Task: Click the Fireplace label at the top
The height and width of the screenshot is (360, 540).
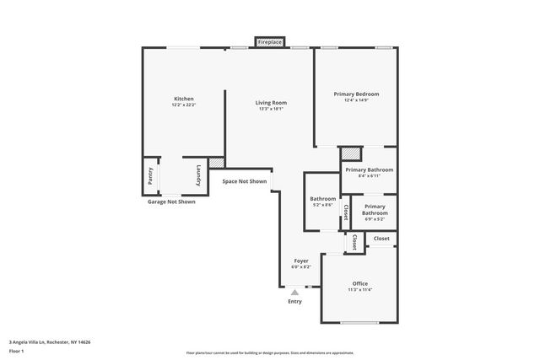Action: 270,41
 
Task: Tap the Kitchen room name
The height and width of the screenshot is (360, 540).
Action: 184,99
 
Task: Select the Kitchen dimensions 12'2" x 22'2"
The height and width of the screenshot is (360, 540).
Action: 184,105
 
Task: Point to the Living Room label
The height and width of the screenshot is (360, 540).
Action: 271,103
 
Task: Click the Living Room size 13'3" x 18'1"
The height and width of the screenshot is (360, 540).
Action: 271,109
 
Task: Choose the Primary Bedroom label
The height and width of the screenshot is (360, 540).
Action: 356,94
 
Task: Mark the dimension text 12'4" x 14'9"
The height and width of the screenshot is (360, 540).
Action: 356,101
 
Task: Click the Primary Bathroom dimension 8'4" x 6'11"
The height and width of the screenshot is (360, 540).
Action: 368,176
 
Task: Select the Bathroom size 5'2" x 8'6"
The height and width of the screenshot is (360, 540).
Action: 323,205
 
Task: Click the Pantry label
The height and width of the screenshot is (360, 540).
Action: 150,176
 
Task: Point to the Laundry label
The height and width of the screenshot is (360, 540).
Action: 198,175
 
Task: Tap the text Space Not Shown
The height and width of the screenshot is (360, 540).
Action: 245,181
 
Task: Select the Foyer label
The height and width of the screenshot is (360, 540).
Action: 301,261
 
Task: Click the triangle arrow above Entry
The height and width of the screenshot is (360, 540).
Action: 294,292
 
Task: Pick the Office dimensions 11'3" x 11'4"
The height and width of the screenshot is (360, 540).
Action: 359,290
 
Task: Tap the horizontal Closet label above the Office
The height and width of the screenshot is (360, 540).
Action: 381,239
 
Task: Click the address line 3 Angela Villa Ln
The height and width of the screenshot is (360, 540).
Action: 50,342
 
